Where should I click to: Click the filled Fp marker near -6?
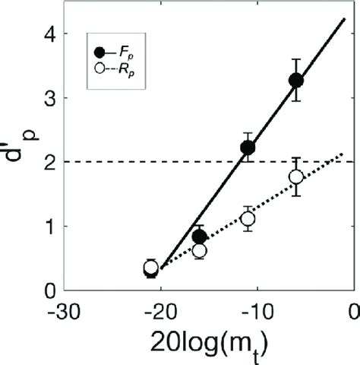point(296,80)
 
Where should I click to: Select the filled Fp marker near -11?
point(248,147)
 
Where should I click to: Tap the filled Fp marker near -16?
point(200,236)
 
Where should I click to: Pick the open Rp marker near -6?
point(296,176)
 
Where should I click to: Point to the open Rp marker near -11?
point(248,219)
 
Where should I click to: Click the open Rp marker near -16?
point(200,250)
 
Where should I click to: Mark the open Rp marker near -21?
point(151,267)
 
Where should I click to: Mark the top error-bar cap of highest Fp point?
point(296,59)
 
